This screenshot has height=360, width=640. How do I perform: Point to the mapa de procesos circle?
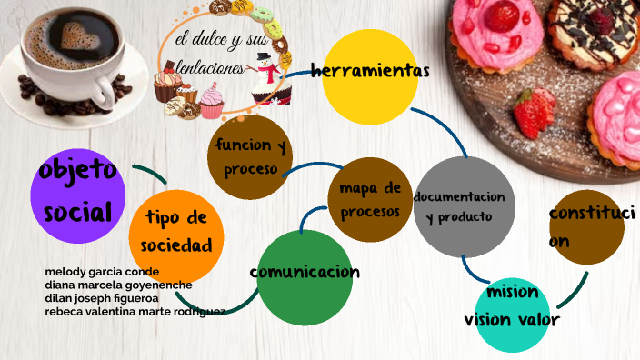[x=368, y=200]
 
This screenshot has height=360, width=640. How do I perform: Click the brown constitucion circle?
[x=588, y=226]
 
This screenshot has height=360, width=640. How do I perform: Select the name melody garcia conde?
[x=102, y=272]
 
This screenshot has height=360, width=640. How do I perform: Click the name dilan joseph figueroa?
[x=102, y=297]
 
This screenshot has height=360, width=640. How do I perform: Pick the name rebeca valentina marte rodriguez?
[x=135, y=311]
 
